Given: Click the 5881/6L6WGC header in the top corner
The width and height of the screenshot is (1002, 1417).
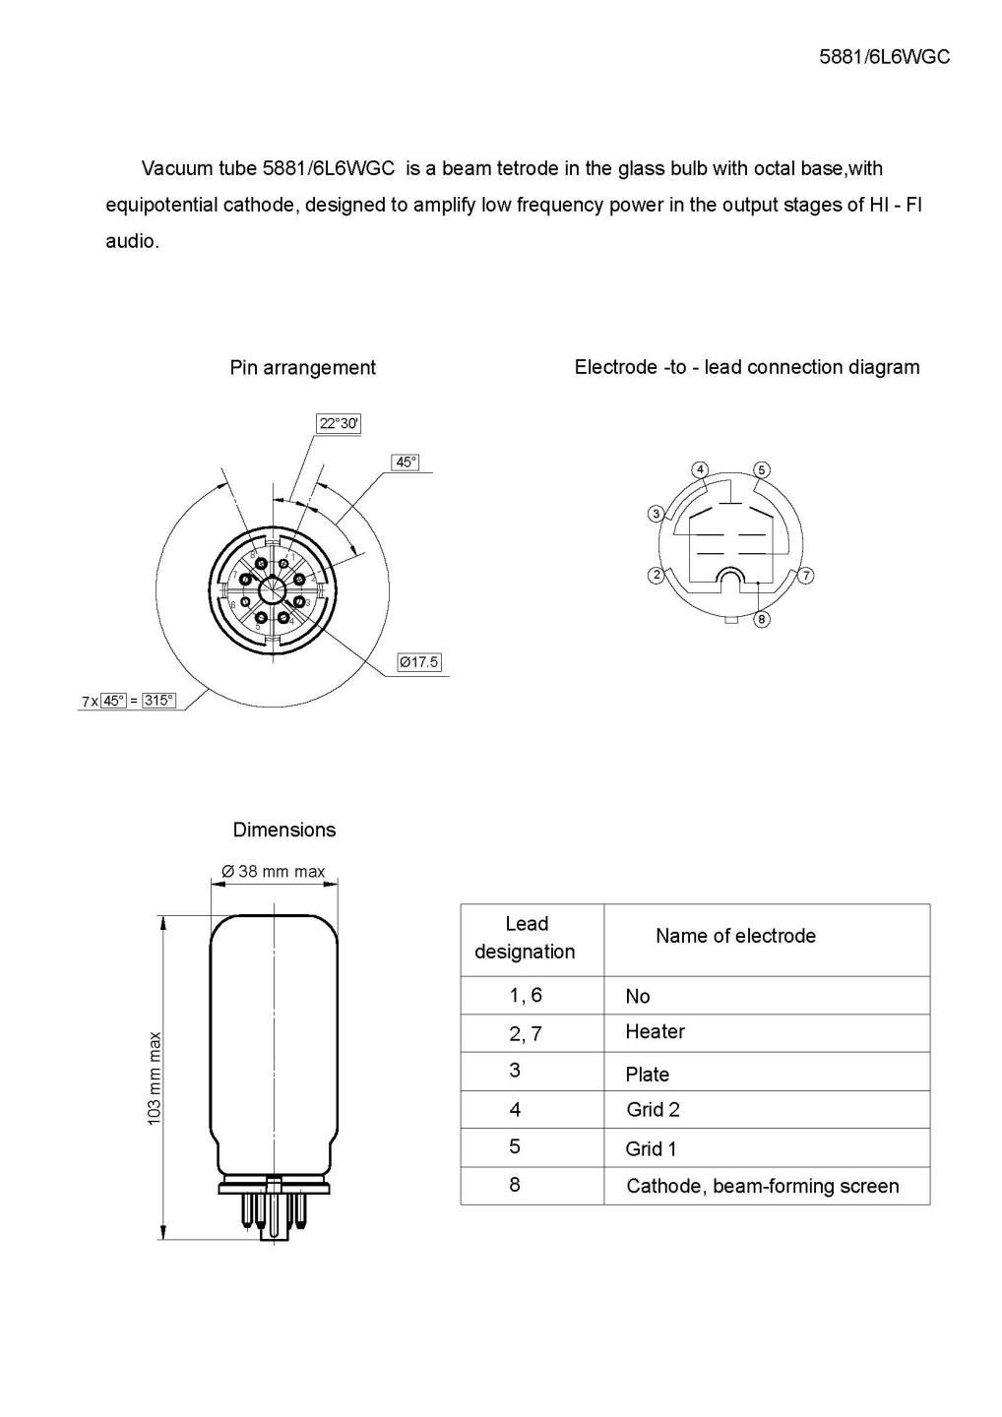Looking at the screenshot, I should (884, 57).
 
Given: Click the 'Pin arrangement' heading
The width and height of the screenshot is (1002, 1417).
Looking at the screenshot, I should (302, 368).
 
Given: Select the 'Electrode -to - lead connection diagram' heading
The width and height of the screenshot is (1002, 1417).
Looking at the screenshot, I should (746, 367).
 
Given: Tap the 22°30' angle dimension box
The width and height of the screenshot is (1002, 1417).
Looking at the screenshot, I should (339, 424).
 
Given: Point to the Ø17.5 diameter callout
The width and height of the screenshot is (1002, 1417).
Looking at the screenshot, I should (418, 662).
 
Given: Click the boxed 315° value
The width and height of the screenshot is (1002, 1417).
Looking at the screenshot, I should (158, 701).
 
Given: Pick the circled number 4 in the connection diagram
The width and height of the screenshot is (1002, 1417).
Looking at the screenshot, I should (700, 469).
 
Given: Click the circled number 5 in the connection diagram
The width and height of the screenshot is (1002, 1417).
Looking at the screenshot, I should (762, 469).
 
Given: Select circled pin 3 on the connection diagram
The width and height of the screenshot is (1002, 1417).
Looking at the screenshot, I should (656, 514).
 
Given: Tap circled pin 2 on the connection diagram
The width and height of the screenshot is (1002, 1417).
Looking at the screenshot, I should (656, 576).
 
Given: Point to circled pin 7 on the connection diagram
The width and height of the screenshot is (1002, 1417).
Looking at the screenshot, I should (806, 576).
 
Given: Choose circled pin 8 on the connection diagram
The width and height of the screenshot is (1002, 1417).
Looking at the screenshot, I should (762, 619).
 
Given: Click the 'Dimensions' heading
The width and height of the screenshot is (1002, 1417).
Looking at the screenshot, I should (283, 830).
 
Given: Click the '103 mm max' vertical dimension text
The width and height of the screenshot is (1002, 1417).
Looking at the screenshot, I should (155, 1079).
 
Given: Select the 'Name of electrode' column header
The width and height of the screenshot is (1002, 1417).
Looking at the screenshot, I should (735, 936).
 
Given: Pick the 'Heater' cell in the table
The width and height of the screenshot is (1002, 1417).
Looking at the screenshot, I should (655, 1031).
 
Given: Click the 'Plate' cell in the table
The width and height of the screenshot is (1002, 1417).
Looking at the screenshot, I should (647, 1075).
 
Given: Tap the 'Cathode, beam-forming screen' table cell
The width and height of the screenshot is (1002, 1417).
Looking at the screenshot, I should (762, 1186).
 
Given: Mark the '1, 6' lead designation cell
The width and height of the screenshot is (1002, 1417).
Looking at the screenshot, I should (526, 995).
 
